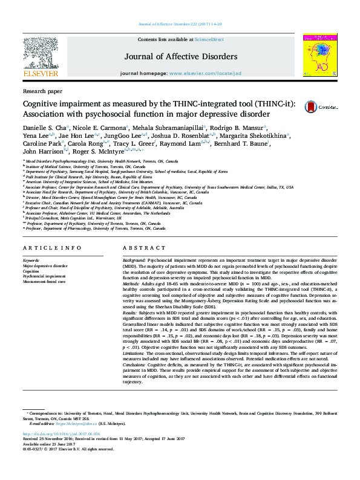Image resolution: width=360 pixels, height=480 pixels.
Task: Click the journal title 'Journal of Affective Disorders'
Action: pyautogui.click(x=180, y=57)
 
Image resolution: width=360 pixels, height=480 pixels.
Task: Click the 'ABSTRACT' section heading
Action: pyautogui.click(x=140, y=248)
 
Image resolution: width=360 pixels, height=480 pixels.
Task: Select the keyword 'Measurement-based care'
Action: pyautogui.click(x=44, y=281)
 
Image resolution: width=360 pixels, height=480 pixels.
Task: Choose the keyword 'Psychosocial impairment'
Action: pyautogui.click(x=44, y=276)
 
